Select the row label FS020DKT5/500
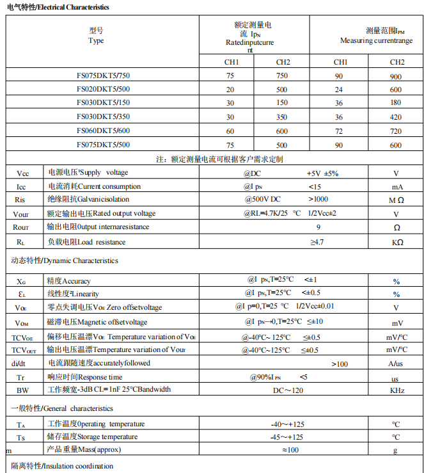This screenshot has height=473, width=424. coord(103,89)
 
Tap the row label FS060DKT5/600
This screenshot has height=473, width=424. coord(103,131)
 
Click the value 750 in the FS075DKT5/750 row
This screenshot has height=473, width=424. coord(282,76)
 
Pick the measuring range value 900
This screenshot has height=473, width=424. coord(396,76)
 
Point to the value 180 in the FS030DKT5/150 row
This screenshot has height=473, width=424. coord(396,103)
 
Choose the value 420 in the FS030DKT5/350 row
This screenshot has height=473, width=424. coord(396,117)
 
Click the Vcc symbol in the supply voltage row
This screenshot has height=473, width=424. coord(22,173)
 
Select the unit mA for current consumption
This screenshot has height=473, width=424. coord(397,187)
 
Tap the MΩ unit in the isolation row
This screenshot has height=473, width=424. coord(397,200)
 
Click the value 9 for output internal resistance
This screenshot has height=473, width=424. coord(318,228)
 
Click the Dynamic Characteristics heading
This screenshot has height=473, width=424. coord(65,261)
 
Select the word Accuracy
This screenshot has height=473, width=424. coord(77,281)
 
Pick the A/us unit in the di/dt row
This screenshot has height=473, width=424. coord(397,364)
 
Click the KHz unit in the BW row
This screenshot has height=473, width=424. coord(397,390)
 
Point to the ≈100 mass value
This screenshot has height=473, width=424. coord(290,451)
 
